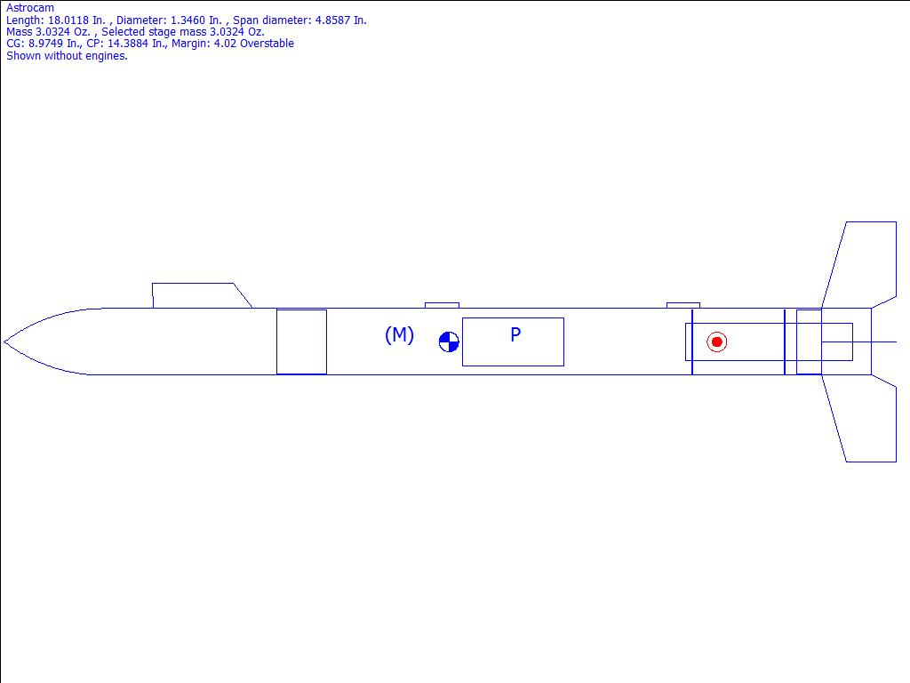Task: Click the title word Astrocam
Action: [x=30, y=8]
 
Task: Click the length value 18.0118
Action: [x=68, y=20]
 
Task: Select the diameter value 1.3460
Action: [x=188, y=20]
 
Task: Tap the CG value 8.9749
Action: [x=46, y=44]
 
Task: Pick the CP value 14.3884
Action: [x=128, y=44]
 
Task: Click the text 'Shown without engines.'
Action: [x=67, y=56]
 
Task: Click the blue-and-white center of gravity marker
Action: [x=449, y=342]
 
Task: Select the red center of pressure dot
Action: [x=717, y=342]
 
